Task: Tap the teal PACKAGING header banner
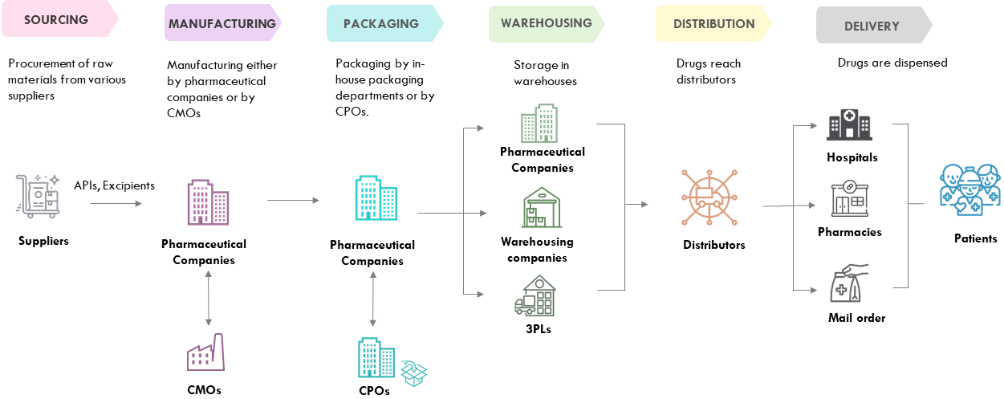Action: pyautogui.click(x=381, y=23)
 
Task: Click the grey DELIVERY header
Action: pyautogui.click(x=872, y=26)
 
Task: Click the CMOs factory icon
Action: pyautogui.click(x=205, y=353)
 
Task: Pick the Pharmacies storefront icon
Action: pyautogui.click(x=849, y=198)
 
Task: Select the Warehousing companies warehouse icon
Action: pyautogui.click(x=542, y=209)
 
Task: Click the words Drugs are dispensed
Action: pyautogui.click(x=892, y=63)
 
